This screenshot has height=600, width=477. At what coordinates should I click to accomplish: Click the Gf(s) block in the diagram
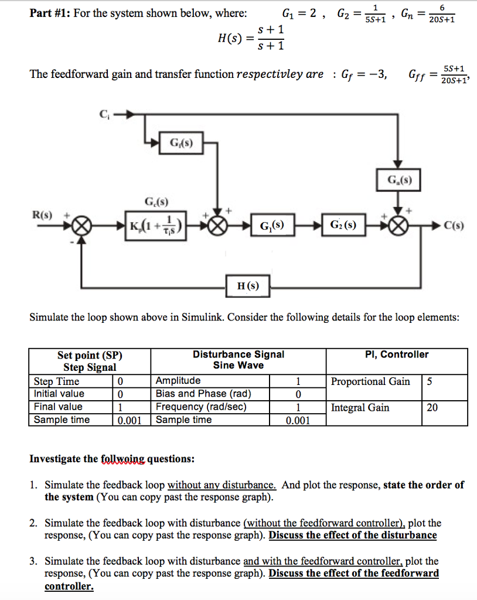coord(181,143)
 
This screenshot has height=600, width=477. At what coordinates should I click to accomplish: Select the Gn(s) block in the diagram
coord(400,180)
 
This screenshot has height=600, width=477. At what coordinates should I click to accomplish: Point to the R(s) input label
coord(44,215)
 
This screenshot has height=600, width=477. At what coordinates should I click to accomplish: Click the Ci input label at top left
coord(104,114)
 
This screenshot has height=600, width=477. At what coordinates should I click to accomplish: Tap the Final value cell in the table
coord(59,407)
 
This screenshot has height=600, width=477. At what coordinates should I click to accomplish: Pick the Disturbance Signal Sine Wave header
coord(238,360)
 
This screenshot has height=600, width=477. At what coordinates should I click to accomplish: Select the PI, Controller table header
coord(397,354)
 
